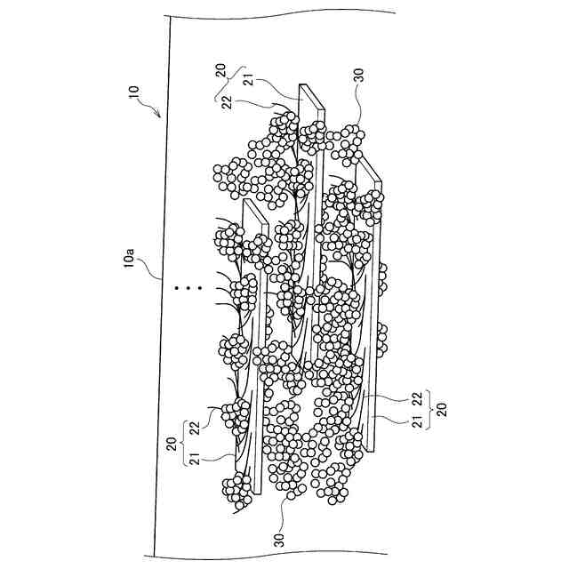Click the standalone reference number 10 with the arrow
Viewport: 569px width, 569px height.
click(x=134, y=92)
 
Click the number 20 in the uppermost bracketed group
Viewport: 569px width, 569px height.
click(x=220, y=69)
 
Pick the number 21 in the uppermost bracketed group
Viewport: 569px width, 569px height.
click(x=249, y=81)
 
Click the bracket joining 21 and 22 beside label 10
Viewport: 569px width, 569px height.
click(x=229, y=84)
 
